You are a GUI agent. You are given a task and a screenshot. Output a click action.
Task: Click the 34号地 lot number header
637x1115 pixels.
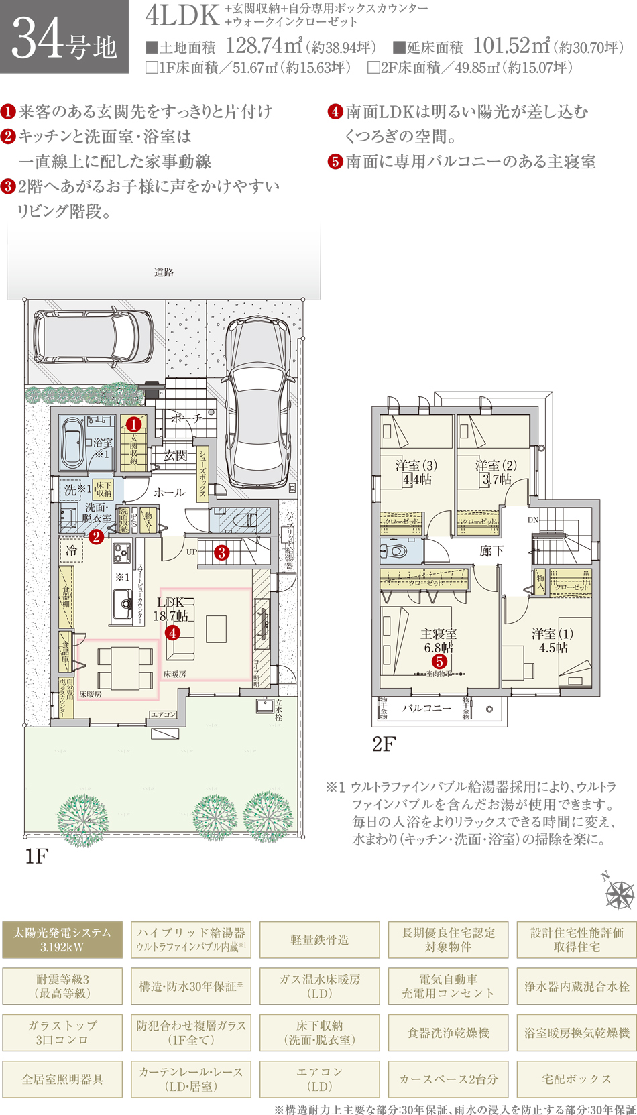pos(64,38)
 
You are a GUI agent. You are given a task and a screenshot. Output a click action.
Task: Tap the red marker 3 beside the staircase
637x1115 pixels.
pos(221,552)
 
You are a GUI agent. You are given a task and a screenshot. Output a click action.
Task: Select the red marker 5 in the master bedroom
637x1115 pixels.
pos(439,661)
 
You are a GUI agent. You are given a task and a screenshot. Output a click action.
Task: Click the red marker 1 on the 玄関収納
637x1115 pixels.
pos(133,424)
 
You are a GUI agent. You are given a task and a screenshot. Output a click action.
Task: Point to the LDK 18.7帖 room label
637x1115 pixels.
pos(171,609)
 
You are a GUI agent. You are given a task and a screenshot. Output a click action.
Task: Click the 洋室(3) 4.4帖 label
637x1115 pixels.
pos(416,472)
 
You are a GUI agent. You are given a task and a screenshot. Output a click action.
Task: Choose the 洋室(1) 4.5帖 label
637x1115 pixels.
pos(553,640)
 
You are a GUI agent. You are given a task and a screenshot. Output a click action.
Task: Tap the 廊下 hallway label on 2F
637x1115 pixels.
pos(491,550)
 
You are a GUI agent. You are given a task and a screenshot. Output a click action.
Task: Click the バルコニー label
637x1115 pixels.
pos(426,707)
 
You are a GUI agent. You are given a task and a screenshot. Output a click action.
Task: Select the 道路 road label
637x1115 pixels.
pos(164,272)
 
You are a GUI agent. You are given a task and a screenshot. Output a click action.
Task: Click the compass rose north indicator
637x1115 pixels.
pos(618,892)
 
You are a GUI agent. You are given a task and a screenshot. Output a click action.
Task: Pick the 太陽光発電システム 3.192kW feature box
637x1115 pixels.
pos(62,939)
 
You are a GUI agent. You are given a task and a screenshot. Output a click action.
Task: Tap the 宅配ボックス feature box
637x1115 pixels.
pos(576,1079)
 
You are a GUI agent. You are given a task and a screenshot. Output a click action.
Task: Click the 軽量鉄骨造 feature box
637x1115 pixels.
pos(320,939)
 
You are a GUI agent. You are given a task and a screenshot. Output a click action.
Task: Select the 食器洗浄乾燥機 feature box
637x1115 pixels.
pos(448,1033)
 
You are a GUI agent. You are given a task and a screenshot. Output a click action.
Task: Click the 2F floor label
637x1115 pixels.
pos(384,744)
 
